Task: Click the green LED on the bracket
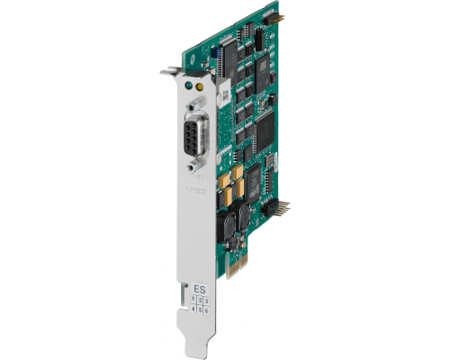point(186,87)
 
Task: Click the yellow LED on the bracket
point(198,90)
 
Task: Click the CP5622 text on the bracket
point(195,190)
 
